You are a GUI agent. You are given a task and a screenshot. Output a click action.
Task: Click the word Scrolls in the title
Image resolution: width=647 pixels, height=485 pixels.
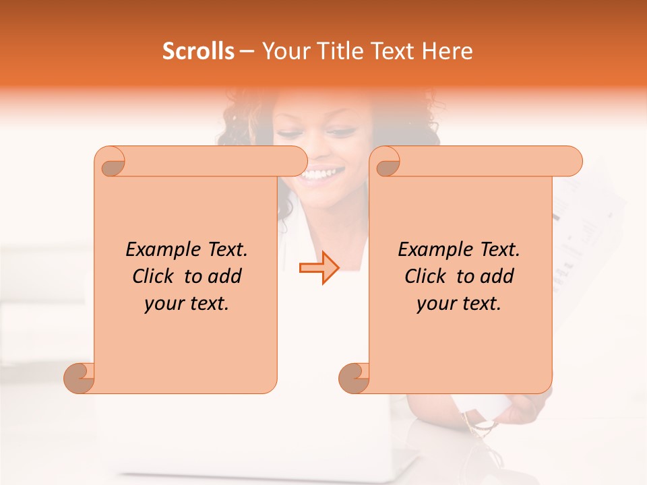(x=198, y=51)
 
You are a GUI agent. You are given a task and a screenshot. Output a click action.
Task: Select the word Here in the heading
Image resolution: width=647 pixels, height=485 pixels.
(x=445, y=51)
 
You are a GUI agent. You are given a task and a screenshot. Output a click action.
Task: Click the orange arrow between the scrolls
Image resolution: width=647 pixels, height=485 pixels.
(x=319, y=268)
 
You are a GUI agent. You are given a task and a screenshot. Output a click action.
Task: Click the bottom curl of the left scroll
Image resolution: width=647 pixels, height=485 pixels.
(x=80, y=378)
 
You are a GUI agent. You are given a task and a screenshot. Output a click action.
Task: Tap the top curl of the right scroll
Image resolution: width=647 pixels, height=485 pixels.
(x=388, y=162)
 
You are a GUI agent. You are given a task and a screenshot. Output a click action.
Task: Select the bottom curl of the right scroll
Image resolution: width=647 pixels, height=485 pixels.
(x=355, y=378)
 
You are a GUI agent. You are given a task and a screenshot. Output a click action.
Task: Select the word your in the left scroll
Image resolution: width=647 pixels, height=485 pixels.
(x=162, y=304)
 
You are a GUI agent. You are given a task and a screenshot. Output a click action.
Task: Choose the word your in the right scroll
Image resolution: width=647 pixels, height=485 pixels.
(x=434, y=304)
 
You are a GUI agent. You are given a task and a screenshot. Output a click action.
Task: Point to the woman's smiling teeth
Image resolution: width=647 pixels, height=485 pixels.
(x=321, y=174)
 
